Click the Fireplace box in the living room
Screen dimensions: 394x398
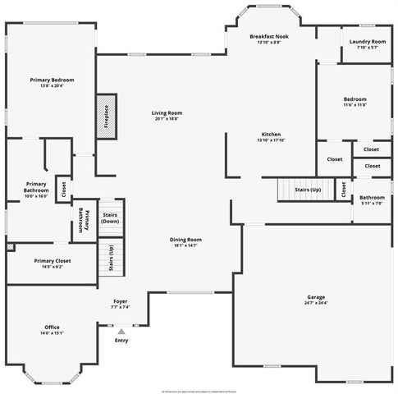pyautogui.click(x=105, y=114)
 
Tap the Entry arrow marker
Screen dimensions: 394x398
pyautogui.click(x=121, y=332)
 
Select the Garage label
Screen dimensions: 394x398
pyautogui.click(x=316, y=296)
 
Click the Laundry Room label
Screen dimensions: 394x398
pyautogui.click(x=367, y=41)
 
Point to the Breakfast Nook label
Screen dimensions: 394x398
pyautogui.click(x=269, y=36)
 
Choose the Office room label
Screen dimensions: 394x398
pyautogui.click(x=52, y=327)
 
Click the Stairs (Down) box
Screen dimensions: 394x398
pyautogui.click(x=110, y=218)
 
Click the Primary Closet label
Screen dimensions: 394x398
pyautogui.click(x=52, y=261)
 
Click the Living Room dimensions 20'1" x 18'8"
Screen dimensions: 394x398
pyautogui.click(x=166, y=119)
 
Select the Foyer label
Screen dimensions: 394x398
pyautogui.click(x=119, y=301)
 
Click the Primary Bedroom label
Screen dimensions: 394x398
pyautogui.click(x=52, y=80)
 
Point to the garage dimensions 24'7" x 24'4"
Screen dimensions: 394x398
pyautogui.click(x=316, y=303)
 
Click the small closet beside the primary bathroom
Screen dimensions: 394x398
pyautogui.click(x=61, y=186)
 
